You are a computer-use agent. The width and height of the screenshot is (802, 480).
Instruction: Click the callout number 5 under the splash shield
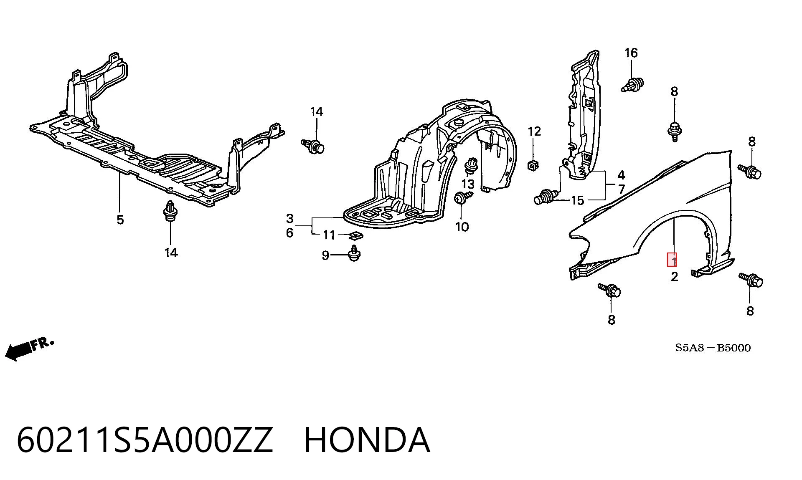tap(120, 220)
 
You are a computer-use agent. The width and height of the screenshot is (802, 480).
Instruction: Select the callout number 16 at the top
tap(631, 53)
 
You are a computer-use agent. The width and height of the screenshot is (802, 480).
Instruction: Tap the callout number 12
tap(534, 131)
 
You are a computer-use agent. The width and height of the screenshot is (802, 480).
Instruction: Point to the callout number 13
tap(468, 184)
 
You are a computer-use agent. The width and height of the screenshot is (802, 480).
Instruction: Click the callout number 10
tap(462, 227)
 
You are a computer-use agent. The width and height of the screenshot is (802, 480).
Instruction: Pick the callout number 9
tap(326, 255)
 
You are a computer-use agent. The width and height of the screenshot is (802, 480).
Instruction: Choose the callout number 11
tap(329, 235)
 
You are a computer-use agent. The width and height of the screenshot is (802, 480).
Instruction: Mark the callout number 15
tap(577, 200)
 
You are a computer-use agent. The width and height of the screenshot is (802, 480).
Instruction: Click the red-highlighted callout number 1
tap(672, 260)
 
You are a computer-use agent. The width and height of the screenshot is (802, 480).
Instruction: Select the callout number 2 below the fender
tap(674, 276)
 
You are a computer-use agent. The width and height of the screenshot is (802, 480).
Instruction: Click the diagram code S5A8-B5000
tap(713, 348)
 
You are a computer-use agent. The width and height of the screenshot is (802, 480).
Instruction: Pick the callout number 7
tap(621, 189)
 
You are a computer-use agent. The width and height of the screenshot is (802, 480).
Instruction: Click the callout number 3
tap(290, 218)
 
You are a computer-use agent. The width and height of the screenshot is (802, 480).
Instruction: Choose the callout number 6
tap(290, 233)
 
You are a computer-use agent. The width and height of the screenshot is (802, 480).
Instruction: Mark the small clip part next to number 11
tap(356, 236)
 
